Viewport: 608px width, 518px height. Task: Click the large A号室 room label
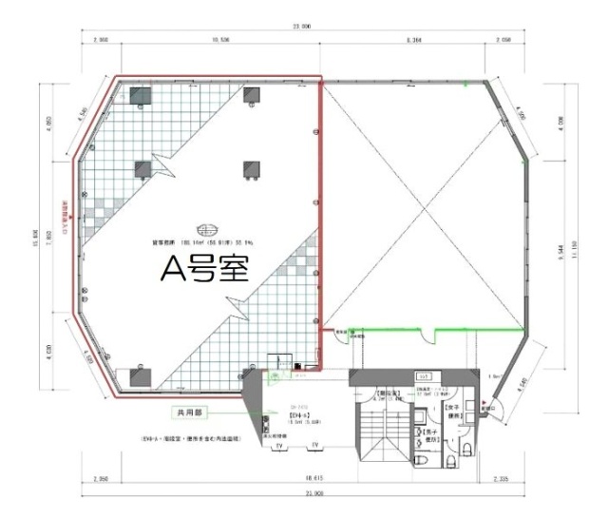[204, 270]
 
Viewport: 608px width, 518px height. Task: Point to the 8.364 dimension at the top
[414, 41]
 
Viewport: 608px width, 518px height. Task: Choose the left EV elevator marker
[280, 445]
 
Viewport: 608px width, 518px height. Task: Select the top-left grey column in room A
[140, 94]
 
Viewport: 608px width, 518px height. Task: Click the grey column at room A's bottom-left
[140, 373]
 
